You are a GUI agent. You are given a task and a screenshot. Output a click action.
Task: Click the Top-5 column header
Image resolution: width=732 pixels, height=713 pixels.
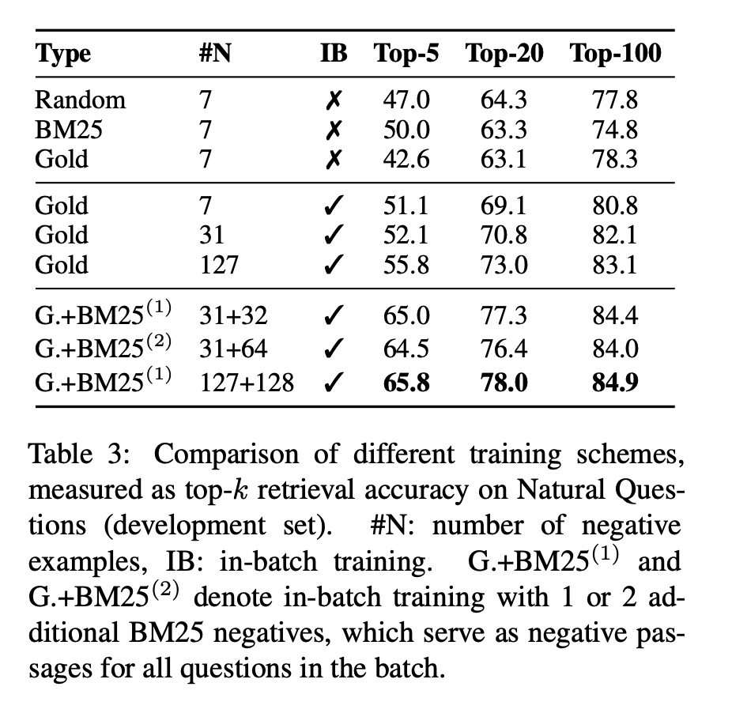pos(407,54)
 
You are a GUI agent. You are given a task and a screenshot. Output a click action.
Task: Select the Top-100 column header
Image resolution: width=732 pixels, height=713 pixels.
pos(615,54)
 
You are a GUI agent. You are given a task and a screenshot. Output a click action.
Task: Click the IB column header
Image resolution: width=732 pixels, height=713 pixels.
pos(333,54)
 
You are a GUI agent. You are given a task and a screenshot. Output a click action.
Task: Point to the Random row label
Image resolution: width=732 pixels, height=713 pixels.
pos(80,100)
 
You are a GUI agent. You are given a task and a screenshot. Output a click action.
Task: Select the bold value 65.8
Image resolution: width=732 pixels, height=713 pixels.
pos(406,383)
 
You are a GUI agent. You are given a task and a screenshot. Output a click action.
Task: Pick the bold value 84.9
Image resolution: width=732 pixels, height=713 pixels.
pos(615,383)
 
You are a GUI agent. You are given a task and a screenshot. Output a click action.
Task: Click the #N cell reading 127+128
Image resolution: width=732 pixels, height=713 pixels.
pos(246,383)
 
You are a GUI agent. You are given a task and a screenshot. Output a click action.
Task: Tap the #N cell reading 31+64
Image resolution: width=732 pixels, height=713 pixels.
pos(233,349)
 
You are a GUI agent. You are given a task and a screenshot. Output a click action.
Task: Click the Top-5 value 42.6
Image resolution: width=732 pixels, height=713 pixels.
pos(406,160)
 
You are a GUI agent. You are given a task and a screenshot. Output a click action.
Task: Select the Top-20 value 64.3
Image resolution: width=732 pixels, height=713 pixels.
pos(504,100)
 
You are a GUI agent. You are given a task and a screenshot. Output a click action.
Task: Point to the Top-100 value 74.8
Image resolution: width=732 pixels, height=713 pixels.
pos(615,130)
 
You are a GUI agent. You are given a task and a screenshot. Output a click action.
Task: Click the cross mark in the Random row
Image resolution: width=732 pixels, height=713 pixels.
pos(334,100)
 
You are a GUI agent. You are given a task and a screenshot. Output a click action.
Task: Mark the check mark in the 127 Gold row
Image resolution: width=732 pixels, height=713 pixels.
pos(334,265)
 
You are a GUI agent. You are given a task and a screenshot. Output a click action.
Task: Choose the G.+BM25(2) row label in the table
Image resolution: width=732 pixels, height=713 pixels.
pos(102,348)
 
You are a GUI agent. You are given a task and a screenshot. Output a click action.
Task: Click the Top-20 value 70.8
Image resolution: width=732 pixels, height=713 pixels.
pos(504,236)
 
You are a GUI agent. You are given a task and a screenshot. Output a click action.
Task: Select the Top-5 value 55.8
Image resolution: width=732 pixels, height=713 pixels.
pos(406,265)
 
